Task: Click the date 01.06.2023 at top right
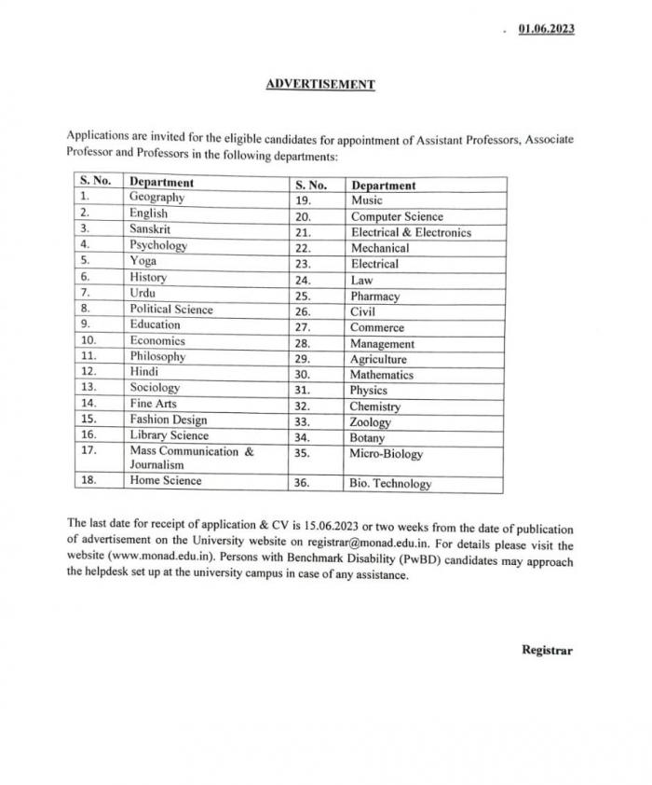[546, 28]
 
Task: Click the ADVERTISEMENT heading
[320, 84]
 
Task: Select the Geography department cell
[157, 198]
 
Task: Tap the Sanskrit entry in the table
[150, 229]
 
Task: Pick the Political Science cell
[171, 310]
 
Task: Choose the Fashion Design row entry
[169, 420]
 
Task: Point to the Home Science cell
[166, 481]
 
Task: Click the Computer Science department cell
[397, 216]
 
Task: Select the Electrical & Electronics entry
[411, 232]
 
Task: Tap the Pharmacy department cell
[374, 296]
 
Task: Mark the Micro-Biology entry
[386, 454]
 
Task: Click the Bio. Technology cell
[390, 484]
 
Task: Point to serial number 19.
[303, 200]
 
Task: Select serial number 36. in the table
[304, 484]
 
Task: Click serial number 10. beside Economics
[88, 340]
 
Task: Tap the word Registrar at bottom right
[548, 650]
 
